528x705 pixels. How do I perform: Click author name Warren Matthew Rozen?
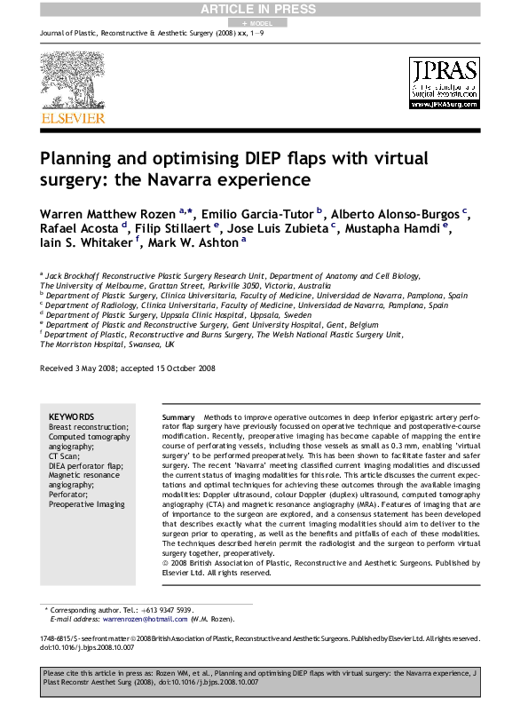pos(107,216)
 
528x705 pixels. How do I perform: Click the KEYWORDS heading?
pos(71,416)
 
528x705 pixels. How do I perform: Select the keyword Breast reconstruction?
pos(89,427)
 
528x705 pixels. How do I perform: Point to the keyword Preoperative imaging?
pos(87,504)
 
